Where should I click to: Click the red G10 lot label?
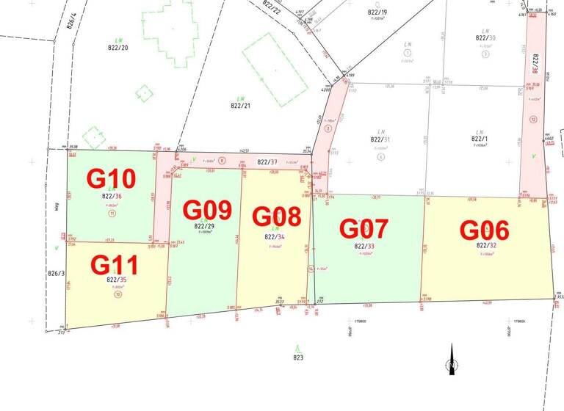pyautogui.click(x=112, y=178)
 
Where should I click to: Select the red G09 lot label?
pyautogui.click(x=208, y=211)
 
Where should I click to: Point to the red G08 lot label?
pyautogui.click(x=276, y=217)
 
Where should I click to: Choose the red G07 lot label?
pyautogui.click(x=363, y=228)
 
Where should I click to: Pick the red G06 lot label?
pyautogui.click(x=484, y=230)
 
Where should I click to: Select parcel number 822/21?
pyautogui.click(x=241, y=106)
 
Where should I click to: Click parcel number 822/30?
pyautogui.click(x=485, y=38)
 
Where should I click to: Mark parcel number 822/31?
pyautogui.click(x=380, y=139)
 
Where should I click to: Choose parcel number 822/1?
pyautogui.click(x=480, y=139)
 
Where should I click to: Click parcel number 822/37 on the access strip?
pyautogui.click(x=267, y=162)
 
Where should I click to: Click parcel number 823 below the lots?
pyautogui.click(x=297, y=358)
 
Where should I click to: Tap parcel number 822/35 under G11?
pyautogui.click(x=116, y=280)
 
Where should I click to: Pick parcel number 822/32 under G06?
pyautogui.click(x=486, y=245)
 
